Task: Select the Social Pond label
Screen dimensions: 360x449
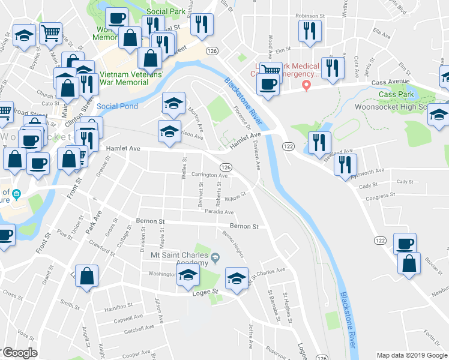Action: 117,106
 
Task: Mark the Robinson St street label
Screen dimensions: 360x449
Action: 309,17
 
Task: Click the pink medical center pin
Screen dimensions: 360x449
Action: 306,85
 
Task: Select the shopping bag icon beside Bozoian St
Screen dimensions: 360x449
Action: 409,264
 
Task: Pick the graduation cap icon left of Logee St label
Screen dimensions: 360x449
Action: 188,276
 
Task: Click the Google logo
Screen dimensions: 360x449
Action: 20,353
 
